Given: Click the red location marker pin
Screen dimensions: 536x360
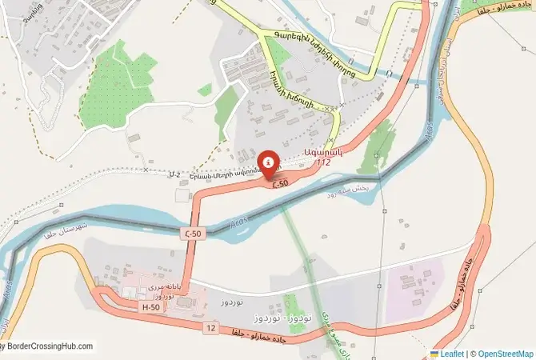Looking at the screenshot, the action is tap(270, 163).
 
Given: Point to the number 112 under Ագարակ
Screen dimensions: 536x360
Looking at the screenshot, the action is tap(323, 163).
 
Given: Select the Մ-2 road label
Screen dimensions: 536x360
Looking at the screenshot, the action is tap(175, 173).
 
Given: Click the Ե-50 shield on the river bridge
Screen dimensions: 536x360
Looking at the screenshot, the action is tap(192, 232).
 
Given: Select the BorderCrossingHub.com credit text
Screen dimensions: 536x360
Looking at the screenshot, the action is tap(48, 346).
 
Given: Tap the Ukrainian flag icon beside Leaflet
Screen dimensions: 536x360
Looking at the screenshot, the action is tap(434, 353).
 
